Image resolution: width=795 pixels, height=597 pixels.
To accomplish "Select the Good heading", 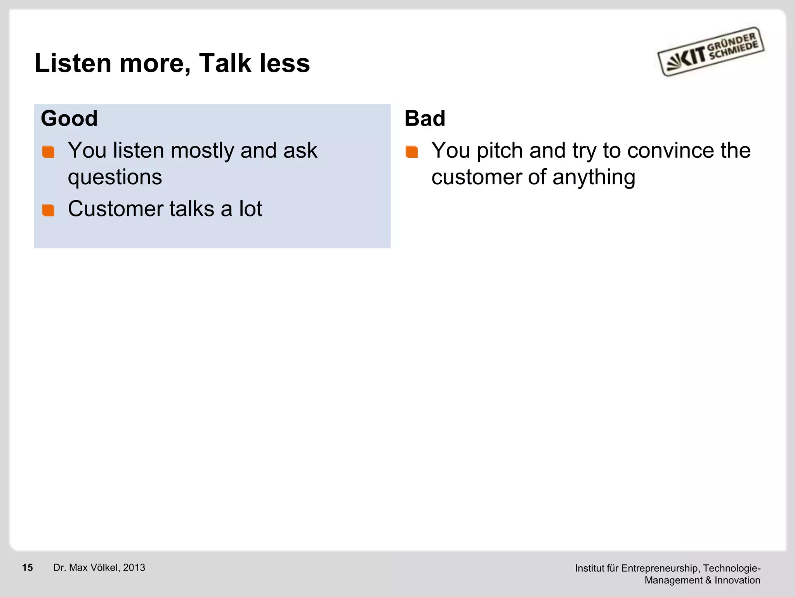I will tap(69, 118).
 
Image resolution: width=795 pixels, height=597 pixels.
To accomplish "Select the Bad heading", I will tap(425, 118).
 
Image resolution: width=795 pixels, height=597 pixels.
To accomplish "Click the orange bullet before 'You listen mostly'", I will tap(49, 152).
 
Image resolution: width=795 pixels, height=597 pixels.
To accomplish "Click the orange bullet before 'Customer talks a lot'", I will tap(49, 210).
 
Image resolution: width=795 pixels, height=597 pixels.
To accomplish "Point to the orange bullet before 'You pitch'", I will tap(412, 152).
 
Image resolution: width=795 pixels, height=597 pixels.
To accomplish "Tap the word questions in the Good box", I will tap(115, 178).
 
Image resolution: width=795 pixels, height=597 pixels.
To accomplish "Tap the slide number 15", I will tap(28, 568).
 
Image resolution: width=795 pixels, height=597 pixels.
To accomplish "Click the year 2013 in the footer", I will tap(134, 568).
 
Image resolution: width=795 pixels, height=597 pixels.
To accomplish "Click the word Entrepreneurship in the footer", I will tap(660, 569).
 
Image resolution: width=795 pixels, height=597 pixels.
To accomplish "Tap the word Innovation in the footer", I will tap(737, 580).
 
